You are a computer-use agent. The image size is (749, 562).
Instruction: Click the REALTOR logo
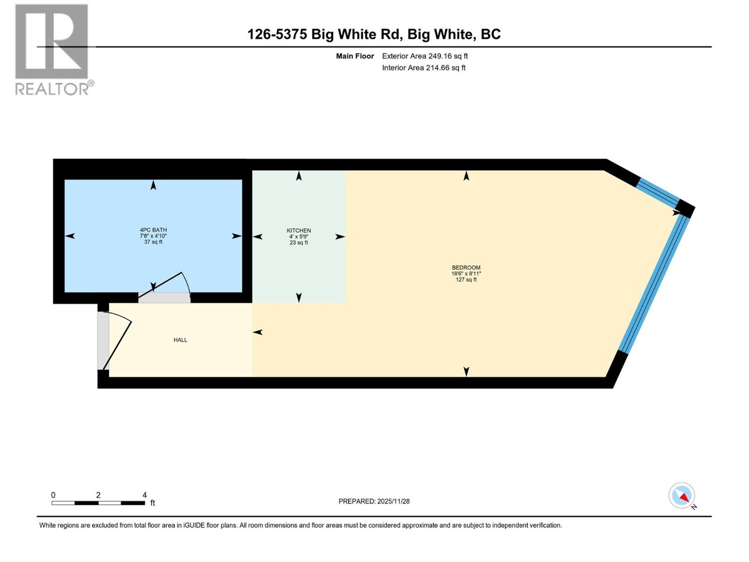pos(52,49)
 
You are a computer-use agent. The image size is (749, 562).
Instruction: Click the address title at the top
pos(374,34)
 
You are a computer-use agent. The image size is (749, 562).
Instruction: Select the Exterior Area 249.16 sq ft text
pos(425,56)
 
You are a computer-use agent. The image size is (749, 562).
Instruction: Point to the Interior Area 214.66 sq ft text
pos(424,68)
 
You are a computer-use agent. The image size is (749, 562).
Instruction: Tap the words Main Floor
pos(355,56)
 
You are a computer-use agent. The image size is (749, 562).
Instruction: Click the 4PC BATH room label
pos(153,230)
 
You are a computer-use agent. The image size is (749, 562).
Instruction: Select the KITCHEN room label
pos(299,230)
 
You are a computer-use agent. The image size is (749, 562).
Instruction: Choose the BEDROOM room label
pos(466,268)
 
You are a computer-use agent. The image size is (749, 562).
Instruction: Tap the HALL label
pos(180,340)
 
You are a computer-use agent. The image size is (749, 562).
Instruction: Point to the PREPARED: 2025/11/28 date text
pos(374,501)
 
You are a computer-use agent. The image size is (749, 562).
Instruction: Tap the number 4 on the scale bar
pos(145,495)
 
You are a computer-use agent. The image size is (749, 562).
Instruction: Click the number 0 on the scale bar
pos(53,495)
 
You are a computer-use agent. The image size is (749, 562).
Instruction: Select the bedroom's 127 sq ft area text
pos(466,280)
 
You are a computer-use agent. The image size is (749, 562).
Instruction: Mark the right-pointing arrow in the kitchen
pos(340,237)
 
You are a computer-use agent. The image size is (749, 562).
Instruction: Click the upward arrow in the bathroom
pos(153,185)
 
